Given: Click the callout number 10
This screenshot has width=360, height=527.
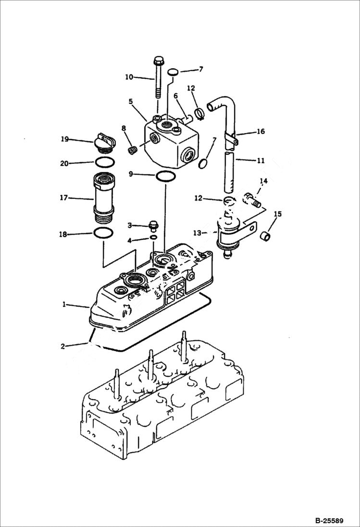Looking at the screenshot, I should click(129, 77).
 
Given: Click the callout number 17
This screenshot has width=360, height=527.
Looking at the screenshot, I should click(64, 197).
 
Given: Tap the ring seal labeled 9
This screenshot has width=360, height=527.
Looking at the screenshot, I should click(165, 176).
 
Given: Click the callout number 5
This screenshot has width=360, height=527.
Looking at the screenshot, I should click(130, 101).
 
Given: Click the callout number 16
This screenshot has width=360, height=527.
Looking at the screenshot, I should click(260, 131).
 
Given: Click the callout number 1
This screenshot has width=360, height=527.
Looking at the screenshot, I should click(64, 305).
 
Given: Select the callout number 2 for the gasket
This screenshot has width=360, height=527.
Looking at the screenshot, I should click(64, 345).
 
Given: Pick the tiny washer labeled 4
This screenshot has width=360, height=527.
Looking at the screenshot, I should click(153, 237).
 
